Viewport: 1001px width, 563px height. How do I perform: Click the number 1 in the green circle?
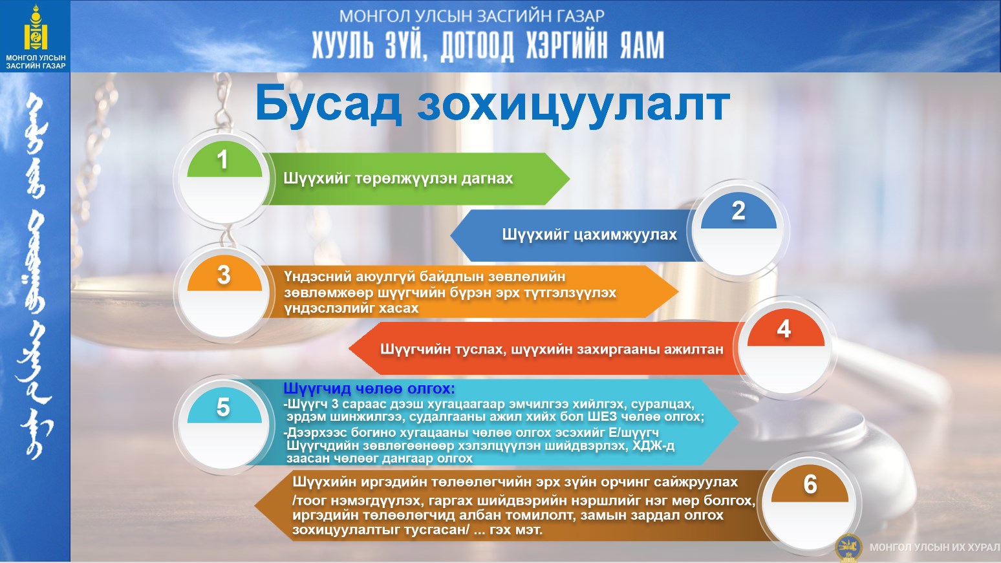coord(222,160)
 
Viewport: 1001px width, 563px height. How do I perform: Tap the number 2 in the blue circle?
coord(738,211)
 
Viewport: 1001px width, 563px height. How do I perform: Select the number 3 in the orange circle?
coord(224,275)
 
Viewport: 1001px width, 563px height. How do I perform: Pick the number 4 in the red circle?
coord(784,329)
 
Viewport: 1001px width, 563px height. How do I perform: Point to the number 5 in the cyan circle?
coord(223,407)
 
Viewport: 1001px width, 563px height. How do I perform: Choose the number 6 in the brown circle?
coord(810,484)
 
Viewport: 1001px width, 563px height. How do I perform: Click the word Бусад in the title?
coord(328,105)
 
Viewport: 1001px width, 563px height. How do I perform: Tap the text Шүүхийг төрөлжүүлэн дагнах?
coord(398,179)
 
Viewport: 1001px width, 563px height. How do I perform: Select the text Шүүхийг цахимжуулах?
coord(590,235)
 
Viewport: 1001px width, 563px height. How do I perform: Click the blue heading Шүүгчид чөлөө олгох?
coord(369,388)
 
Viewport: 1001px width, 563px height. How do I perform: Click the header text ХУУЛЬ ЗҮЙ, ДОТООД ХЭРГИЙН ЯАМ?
coord(488,46)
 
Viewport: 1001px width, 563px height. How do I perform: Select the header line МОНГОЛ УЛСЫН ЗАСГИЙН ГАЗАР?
coord(471,16)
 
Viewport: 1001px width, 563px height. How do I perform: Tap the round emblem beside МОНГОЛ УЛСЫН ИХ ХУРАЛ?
coord(848,547)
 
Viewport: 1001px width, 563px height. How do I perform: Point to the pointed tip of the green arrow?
coord(570,179)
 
